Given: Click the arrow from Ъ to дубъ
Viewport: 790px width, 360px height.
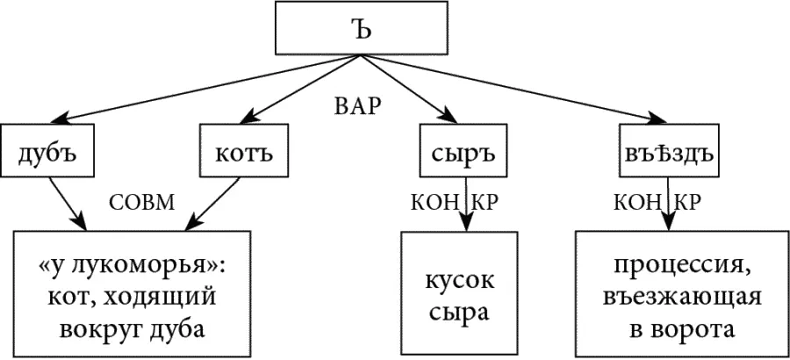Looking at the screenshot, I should pyautogui.click(x=202, y=89).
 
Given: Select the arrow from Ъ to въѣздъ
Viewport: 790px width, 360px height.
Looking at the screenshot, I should pyautogui.click(x=518, y=89).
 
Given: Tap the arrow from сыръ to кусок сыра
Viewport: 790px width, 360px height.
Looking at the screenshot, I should pyautogui.click(x=464, y=206).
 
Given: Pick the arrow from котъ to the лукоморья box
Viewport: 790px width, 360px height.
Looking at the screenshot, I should pyautogui.click(x=212, y=201).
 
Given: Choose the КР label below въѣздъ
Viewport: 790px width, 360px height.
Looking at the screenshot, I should pyautogui.click(x=688, y=202).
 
